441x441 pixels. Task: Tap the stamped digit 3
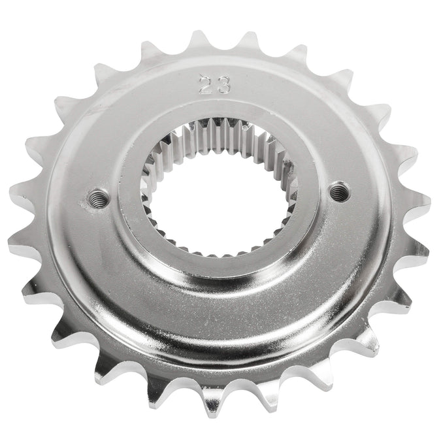pos(223,85)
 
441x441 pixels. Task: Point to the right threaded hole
pos(338,191)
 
